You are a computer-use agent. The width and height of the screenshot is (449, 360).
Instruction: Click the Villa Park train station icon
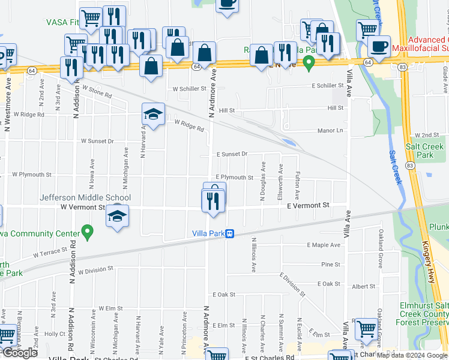[229, 234]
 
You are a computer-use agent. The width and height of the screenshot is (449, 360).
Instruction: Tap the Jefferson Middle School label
[85, 197]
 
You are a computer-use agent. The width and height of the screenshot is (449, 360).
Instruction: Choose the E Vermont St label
[308, 205]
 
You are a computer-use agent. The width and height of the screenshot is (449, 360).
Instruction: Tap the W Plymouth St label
[32, 175]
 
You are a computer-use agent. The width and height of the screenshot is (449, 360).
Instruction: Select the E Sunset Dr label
[232, 154]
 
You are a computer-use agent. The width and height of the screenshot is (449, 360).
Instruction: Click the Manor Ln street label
[330, 130]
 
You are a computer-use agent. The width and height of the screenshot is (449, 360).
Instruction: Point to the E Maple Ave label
[324, 245]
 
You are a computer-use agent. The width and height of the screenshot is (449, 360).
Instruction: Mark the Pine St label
[330, 264]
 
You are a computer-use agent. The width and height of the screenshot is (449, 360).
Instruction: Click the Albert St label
[364, 287]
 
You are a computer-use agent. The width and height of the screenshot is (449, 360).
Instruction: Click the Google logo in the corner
[20, 353]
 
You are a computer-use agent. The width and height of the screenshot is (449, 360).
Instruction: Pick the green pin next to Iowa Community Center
[88, 231]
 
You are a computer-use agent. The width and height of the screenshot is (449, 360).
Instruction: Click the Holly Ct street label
[54, 334]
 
